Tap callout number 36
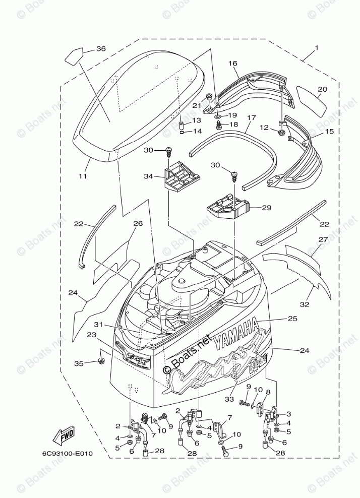[101, 49]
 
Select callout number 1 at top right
[316, 48]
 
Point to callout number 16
[232, 64]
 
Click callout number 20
[322, 89]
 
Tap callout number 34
[148, 176]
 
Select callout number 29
[266, 207]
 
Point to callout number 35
[78, 363]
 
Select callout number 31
[97, 325]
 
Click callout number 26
[138, 223]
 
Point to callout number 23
[91, 334]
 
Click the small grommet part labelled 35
[101, 361]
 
